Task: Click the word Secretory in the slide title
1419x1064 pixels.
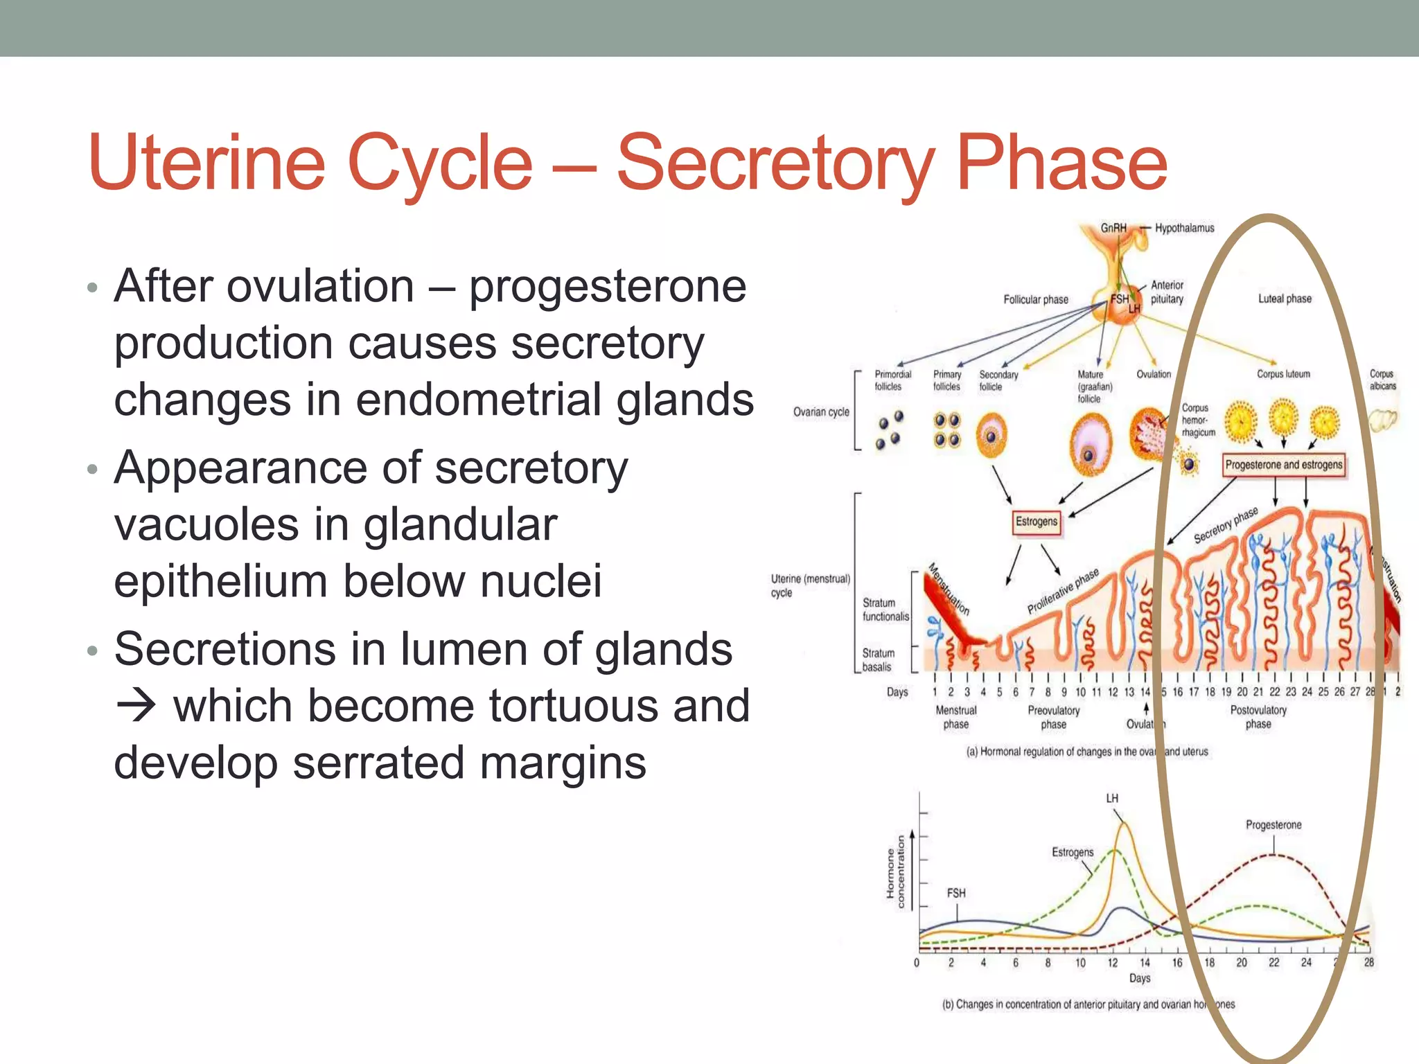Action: coord(775,163)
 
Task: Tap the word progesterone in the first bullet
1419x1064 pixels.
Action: coord(608,286)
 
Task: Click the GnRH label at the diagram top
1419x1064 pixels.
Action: coord(1113,228)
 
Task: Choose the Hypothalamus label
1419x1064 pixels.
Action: coord(1184,228)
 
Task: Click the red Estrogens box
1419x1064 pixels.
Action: coord(1037,522)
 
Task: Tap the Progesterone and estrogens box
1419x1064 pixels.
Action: coord(1283,465)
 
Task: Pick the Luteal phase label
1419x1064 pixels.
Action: coord(1285,299)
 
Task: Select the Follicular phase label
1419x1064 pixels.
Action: coord(1036,299)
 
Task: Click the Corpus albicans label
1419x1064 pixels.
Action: coord(1382,380)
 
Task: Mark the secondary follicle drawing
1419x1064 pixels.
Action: coord(991,436)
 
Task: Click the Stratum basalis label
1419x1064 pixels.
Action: coord(878,660)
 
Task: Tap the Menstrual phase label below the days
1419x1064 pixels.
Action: coord(956,717)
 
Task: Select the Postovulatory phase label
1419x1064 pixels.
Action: coord(1258,717)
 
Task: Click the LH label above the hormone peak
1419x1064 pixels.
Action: coord(1112,799)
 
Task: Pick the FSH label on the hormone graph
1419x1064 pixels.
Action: coord(956,893)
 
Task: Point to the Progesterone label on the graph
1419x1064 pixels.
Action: coord(1273,825)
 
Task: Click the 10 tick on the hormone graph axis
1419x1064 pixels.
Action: coord(1080,963)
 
